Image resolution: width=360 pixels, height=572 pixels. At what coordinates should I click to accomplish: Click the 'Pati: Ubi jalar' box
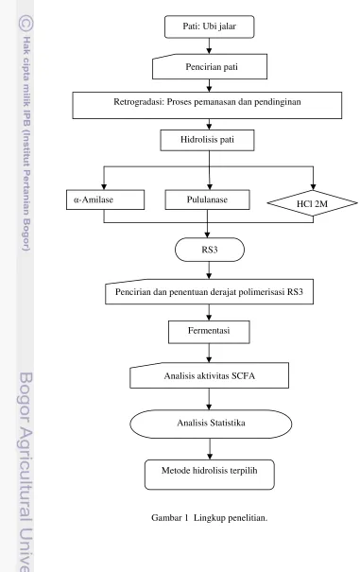click(210, 26)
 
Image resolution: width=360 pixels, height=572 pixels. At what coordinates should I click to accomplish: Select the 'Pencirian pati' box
click(210, 66)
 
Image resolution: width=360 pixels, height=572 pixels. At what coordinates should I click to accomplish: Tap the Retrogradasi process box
click(207, 106)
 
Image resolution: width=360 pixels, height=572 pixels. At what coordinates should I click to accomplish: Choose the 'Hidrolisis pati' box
click(207, 141)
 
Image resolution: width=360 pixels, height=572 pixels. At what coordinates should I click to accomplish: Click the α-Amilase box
click(105, 199)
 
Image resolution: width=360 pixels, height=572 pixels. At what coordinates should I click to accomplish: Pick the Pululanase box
click(207, 199)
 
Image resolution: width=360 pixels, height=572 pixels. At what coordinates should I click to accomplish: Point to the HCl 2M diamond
click(312, 203)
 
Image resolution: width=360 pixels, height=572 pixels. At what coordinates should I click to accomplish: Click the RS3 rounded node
click(210, 250)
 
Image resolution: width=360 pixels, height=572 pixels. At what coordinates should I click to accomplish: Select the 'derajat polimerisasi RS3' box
click(210, 292)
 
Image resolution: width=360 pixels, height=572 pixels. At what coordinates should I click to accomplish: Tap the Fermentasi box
click(209, 332)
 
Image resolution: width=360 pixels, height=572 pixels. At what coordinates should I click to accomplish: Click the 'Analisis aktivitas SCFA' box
click(210, 375)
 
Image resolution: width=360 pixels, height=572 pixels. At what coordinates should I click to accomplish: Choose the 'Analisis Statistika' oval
click(211, 424)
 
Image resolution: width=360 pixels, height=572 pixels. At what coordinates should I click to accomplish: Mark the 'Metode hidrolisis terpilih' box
click(210, 475)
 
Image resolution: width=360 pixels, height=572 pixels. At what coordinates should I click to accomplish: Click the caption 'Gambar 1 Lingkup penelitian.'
click(210, 518)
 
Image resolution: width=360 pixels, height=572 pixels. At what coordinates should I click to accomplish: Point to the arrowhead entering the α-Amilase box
click(104, 187)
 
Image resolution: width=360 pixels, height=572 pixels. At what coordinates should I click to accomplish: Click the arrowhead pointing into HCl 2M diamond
click(313, 187)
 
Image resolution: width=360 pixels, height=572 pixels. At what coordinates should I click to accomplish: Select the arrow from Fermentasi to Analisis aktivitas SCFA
click(209, 353)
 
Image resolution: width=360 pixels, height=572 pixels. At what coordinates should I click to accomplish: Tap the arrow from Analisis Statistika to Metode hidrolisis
click(210, 449)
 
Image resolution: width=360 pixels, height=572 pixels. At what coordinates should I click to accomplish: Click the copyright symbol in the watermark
click(26, 24)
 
